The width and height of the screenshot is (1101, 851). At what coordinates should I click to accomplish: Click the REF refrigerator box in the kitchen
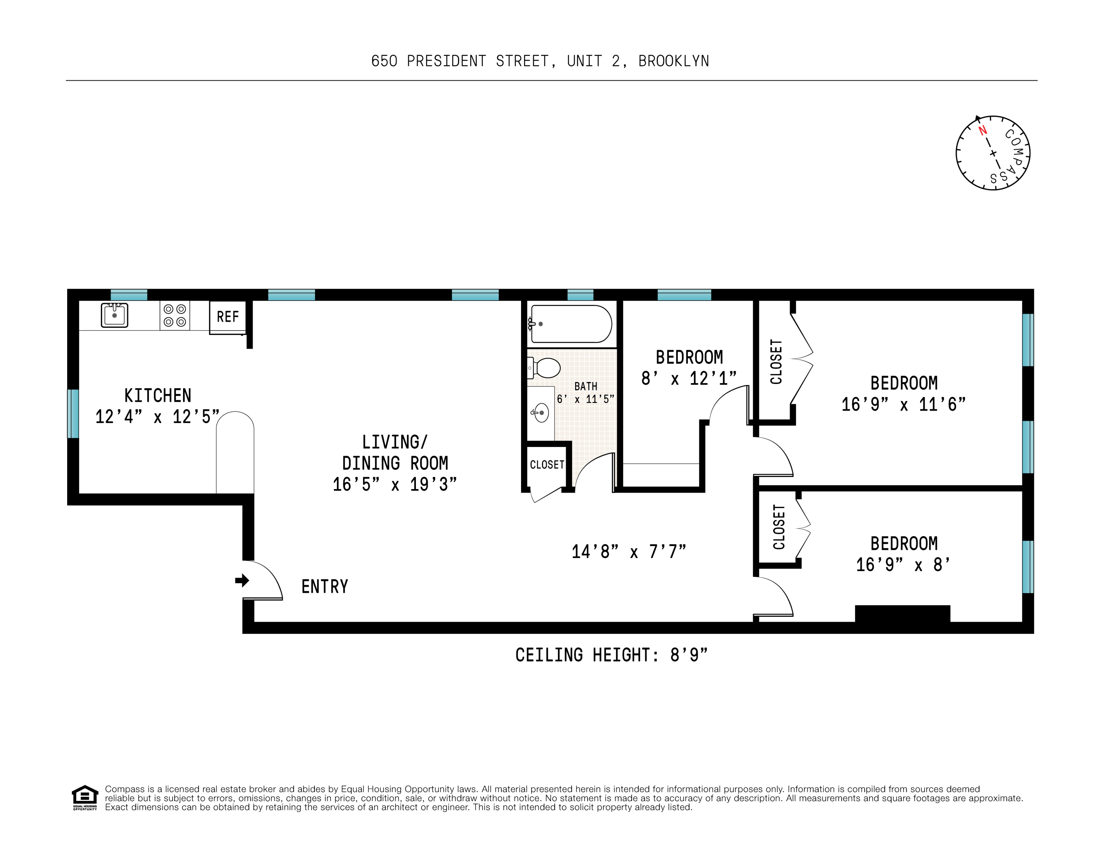pos(227,317)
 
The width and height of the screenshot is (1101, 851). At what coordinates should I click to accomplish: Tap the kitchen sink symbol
pos(115,316)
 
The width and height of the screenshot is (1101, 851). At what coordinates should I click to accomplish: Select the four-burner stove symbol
pos(175,316)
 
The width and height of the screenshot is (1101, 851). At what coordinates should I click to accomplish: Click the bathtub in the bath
pos(571,324)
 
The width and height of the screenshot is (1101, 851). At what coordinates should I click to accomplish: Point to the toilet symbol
pos(545,368)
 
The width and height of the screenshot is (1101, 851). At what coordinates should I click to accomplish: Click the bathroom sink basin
pos(541,413)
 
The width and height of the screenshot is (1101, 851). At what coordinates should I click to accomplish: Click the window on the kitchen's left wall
pos(73,413)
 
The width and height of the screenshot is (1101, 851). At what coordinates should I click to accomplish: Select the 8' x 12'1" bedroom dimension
pos(688,379)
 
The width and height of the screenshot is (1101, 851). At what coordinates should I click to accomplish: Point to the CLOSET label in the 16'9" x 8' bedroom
pos(779,527)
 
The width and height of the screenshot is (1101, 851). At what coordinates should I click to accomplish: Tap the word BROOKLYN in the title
pos(674,61)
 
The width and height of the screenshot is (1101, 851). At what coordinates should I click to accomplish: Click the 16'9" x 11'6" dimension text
pos(903,404)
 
